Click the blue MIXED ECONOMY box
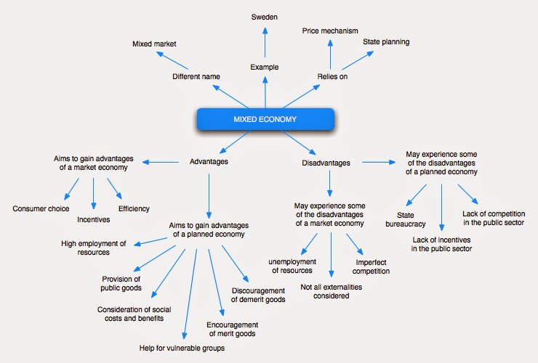tap(265, 119)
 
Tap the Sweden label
tap(264, 17)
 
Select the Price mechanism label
tap(330, 30)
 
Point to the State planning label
tap(386, 42)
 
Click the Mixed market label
tap(154, 44)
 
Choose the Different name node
tap(196, 76)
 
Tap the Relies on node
tap(332, 76)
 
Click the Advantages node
tap(209, 161)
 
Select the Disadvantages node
tap(326, 163)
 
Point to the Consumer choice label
tap(41, 208)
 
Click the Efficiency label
tap(134, 208)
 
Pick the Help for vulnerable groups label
tap(182, 348)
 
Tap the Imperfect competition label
tap(371, 266)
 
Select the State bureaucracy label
tap(406, 219)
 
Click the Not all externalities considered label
tap(331, 291)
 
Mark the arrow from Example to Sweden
tap(265, 43)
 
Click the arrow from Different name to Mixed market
tap(172, 60)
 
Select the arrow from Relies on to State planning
tap(358, 61)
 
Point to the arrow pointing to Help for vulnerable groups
tap(190, 294)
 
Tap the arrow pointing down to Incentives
tap(93, 193)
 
